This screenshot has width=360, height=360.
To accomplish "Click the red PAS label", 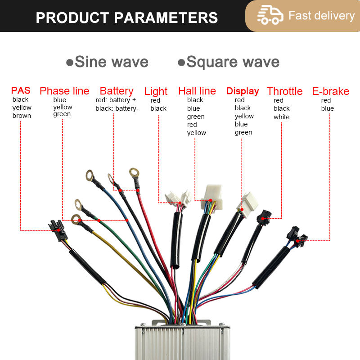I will tap(21, 91).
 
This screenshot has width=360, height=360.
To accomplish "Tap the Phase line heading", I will tap(64, 91).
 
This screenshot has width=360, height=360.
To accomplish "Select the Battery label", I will tap(117, 91).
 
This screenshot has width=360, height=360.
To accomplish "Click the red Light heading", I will tap(156, 91).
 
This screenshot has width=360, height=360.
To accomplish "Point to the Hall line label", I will tap(197, 91).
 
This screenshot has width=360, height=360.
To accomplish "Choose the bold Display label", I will tap(243, 91).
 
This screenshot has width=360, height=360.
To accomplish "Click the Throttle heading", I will tap(284, 91).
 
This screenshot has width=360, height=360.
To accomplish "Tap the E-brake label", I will tap(330, 91).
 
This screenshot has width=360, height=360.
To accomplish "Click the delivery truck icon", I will tap(270, 16).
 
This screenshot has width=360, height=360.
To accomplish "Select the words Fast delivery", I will tap(321, 16).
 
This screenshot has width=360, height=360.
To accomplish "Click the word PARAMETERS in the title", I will tap(166, 18).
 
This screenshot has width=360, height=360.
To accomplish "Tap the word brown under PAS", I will tap(22, 116).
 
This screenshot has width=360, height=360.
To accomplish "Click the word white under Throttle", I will tap(281, 117).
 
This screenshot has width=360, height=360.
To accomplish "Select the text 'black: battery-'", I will tap(117, 108).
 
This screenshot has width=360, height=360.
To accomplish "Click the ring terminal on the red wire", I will tap(134, 172).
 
